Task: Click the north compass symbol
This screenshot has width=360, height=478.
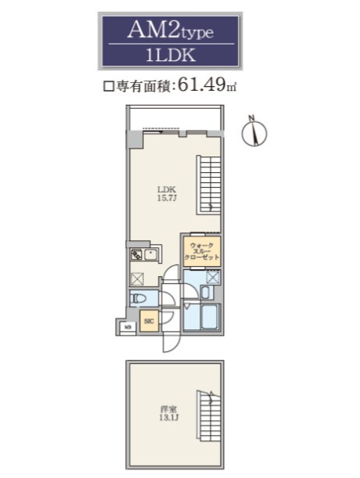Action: (253, 132)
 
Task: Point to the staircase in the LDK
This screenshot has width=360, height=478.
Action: (209, 183)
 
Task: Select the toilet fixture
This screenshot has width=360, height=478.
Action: (141, 298)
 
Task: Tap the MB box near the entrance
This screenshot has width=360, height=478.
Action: (122, 327)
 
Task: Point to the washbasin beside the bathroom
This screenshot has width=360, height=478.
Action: (204, 293)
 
